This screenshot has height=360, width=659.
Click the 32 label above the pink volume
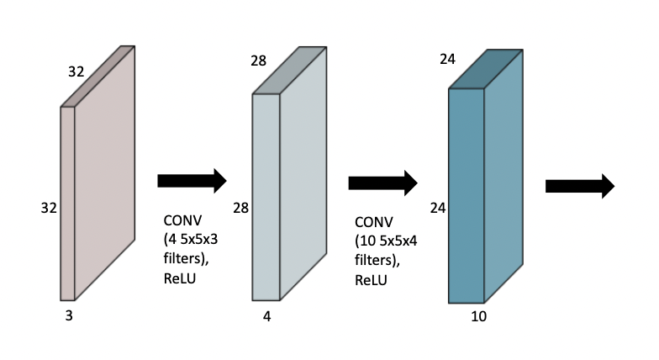pos(76,71)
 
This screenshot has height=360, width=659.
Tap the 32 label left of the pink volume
pos(48,207)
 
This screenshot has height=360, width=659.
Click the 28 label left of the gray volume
pos(240,207)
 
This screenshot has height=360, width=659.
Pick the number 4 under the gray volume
pos(266,317)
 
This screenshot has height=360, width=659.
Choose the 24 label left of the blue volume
pos(437,207)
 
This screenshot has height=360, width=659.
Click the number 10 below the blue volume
pos(478,317)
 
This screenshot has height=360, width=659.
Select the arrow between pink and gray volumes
pos(192,180)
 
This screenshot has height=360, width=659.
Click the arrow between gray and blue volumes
pos(383,182)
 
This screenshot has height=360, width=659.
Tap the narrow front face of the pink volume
pos(68,202)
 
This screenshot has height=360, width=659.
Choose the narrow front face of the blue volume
pos(466,195)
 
